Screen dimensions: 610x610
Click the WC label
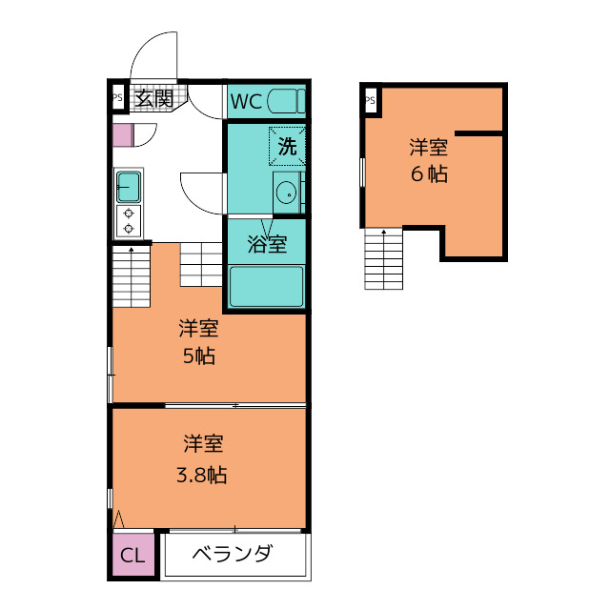(246, 102)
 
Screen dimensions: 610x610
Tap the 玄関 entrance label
(154, 98)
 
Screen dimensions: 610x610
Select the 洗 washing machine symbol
(287, 146)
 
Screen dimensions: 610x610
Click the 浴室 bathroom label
(267, 244)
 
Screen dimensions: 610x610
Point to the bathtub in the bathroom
(267, 286)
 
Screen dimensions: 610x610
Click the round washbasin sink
(287, 193)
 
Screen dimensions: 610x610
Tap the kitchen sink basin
(129, 187)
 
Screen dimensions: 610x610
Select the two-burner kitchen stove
(129, 221)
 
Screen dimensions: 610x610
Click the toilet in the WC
(286, 101)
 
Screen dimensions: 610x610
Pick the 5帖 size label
(199, 356)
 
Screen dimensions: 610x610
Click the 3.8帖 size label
(201, 475)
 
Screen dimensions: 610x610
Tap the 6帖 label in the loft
(429, 173)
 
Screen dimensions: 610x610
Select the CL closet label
(132, 555)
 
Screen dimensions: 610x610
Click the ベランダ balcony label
(233, 553)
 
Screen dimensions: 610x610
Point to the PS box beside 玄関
(117, 97)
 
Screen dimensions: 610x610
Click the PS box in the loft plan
(371, 100)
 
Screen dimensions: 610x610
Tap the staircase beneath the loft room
(383, 259)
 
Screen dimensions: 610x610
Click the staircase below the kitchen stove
(132, 276)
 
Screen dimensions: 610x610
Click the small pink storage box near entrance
(123, 135)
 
